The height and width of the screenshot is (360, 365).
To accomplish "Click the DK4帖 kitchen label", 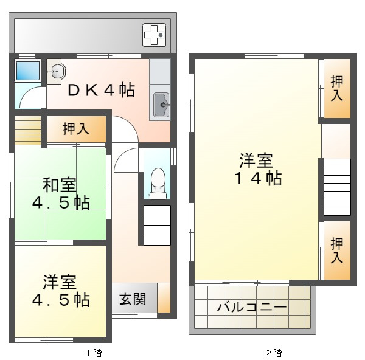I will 101,90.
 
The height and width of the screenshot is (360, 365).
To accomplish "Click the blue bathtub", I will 27,72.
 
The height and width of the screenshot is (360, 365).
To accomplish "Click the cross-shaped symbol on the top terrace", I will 154,35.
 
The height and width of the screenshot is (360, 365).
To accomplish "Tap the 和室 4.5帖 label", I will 58,193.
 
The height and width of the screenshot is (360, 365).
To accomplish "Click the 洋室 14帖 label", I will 255,170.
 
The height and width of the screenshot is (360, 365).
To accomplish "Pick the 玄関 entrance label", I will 131,299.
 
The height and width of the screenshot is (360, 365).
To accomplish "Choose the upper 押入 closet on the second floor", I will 336,89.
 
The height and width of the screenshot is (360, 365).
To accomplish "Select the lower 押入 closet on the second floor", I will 336,251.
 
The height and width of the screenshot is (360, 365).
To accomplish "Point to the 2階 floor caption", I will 273,352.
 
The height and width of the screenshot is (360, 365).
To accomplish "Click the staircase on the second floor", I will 336,187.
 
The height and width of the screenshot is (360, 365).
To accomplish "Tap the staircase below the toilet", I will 157,224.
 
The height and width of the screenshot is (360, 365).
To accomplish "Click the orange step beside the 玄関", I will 164,299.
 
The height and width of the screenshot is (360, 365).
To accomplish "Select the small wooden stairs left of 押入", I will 27,129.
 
